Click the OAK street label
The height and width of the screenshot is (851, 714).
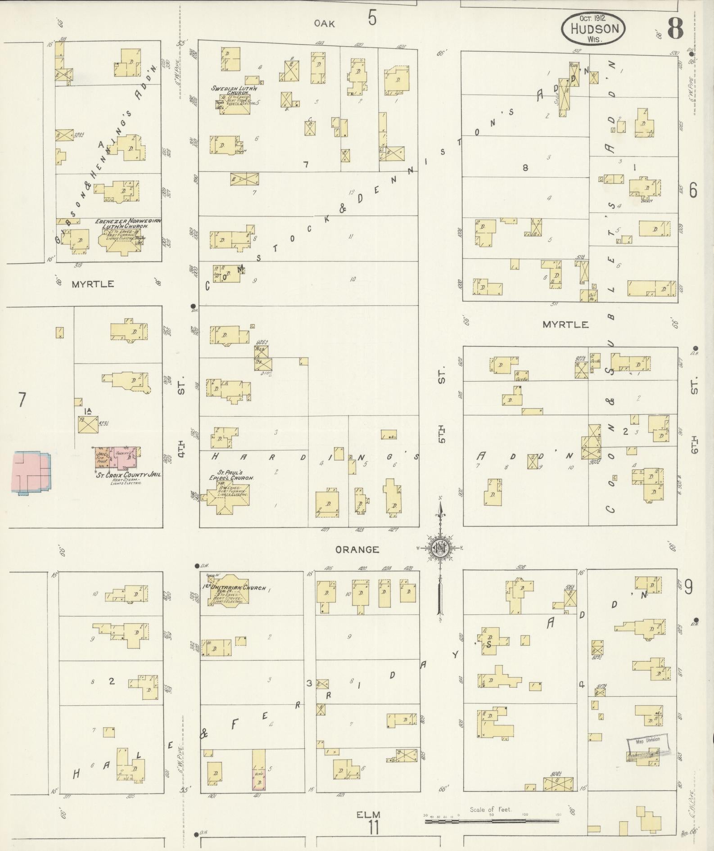tap(325, 24)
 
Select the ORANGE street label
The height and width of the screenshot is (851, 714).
tap(357, 549)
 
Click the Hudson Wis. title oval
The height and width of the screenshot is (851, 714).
tap(593, 28)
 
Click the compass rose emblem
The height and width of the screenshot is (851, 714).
tap(439, 548)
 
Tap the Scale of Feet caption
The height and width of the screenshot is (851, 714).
tap(491, 809)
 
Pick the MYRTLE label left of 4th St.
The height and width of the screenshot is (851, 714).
tap(92, 284)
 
